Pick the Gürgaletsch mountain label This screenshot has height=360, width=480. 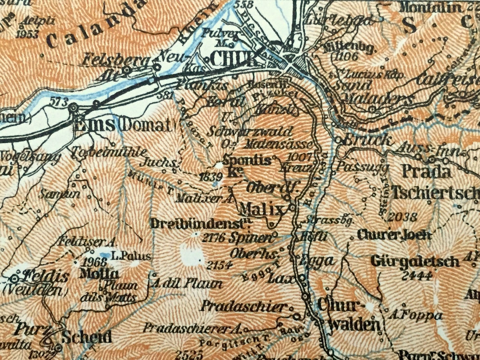pos(415,261)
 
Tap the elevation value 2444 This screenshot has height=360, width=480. pos(417,276)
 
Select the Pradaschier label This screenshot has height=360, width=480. pos(243,306)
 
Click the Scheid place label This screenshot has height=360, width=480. pos(87,337)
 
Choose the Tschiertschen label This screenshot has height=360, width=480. pos(435,192)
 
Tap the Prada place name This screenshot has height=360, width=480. pos(426,172)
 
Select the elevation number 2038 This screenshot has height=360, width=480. pos(403,217)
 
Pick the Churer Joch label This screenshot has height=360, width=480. pos(394,235)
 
